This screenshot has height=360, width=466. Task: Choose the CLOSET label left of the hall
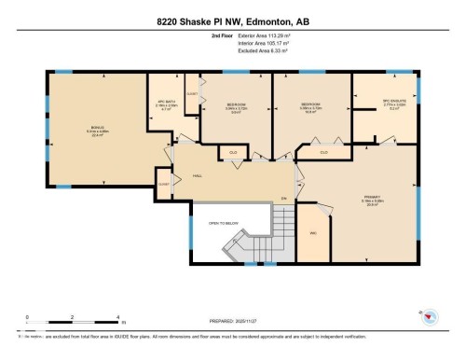(164, 184)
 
